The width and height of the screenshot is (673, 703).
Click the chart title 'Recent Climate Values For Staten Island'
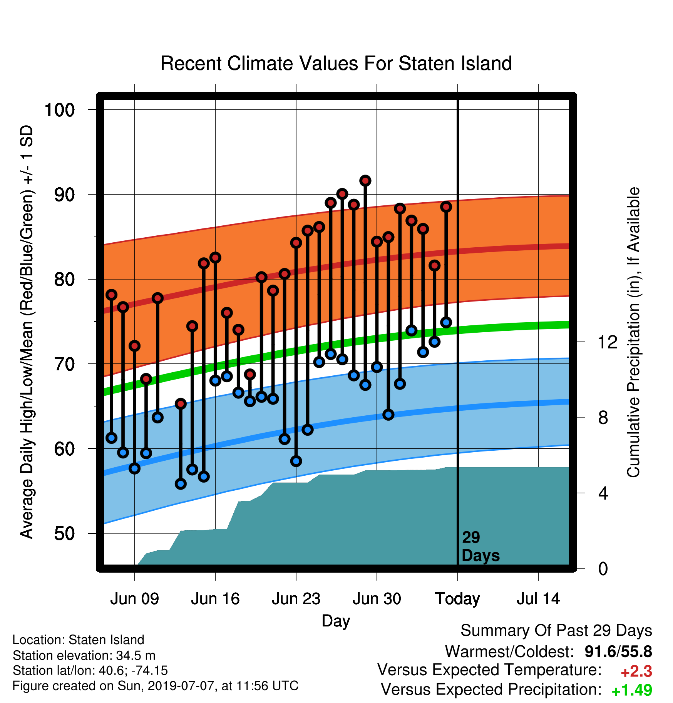point(336,63)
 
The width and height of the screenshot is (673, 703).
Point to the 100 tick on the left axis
point(60,110)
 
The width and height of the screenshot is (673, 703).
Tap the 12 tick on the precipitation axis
point(608,342)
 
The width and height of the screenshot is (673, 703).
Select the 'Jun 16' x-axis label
point(215,599)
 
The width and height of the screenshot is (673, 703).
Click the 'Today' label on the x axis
point(457,599)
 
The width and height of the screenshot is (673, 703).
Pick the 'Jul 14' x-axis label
point(538,599)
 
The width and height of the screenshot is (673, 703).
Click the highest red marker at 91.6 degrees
point(365,180)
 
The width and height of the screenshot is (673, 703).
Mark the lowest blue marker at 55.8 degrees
point(181,484)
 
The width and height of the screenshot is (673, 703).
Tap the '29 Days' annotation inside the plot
point(480,546)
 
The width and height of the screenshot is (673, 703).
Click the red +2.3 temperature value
point(636,671)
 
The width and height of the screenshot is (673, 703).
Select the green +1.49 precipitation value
point(632,690)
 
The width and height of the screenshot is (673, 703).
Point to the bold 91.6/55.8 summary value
point(618,651)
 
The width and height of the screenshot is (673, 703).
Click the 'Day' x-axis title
point(336,621)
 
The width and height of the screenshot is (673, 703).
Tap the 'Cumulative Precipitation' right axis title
point(633,333)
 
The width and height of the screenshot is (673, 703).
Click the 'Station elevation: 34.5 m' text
point(84,655)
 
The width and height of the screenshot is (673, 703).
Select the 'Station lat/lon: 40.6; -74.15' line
point(90,670)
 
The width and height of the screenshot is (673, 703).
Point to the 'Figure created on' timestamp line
point(156,686)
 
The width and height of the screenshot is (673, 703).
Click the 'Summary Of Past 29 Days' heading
point(556,631)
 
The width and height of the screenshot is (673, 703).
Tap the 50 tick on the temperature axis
point(65,533)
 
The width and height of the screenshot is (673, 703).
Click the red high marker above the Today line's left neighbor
point(446,207)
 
